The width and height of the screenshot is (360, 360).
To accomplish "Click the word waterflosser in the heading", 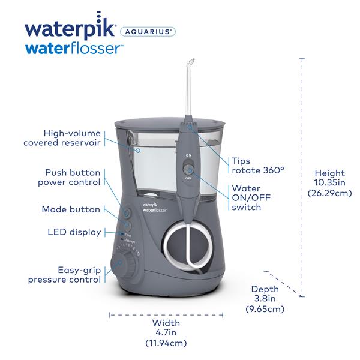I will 73,49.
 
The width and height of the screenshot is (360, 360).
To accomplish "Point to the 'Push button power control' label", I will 68,177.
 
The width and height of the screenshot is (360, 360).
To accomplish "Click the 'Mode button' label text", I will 71,209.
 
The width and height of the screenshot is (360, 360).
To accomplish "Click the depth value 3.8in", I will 264,299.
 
